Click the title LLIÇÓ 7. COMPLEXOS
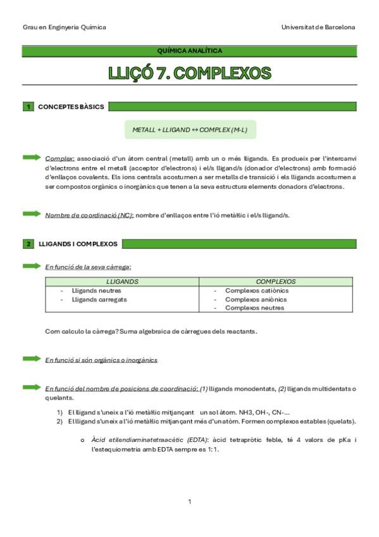190,73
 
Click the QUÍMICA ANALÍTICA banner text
190,51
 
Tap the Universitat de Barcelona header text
318,27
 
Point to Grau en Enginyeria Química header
65,27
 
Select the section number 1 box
28,106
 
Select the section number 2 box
28,244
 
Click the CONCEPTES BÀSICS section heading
71,106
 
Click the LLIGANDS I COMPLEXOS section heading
78,244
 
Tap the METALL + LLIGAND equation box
190,129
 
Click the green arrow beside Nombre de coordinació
32,214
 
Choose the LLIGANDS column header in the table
122,281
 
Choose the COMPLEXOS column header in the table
275,281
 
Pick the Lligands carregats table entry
99,300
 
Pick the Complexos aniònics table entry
256,300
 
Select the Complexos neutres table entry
254,308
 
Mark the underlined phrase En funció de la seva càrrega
88,267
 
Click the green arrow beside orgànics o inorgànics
32,359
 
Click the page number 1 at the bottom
189,502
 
